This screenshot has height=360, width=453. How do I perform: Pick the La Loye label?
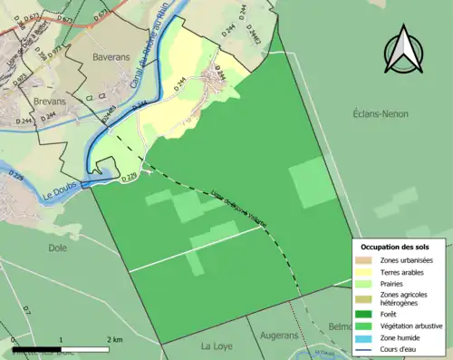217,346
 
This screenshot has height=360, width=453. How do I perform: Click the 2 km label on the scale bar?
113,339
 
